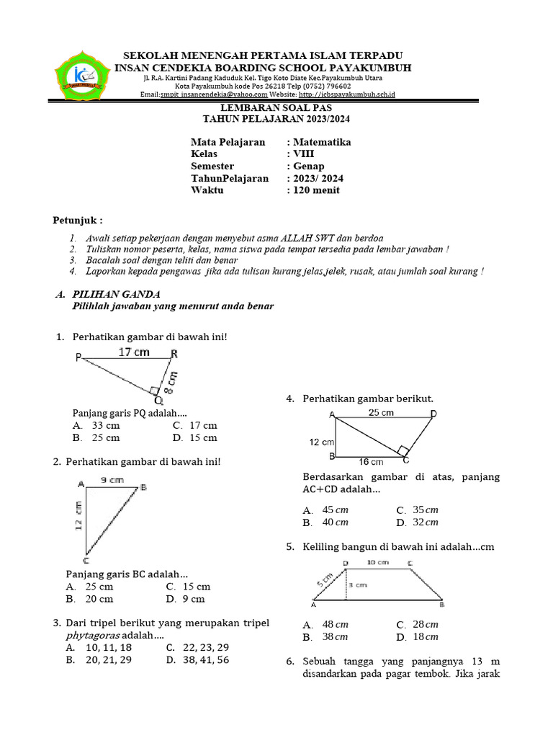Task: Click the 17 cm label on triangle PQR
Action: pyautogui.click(x=134, y=352)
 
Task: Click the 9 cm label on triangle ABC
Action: pyautogui.click(x=112, y=479)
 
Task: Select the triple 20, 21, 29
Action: pyautogui.click(x=109, y=660)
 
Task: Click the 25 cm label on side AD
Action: pyautogui.click(x=381, y=413)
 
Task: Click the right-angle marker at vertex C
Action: pyautogui.click(x=405, y=451)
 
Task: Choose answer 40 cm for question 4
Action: pyautogui.click(x=336, y=523)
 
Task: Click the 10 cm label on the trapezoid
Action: pyautogui.click(x=378, y=562)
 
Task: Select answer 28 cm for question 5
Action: pyautogui.click(x=426, y=624)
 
